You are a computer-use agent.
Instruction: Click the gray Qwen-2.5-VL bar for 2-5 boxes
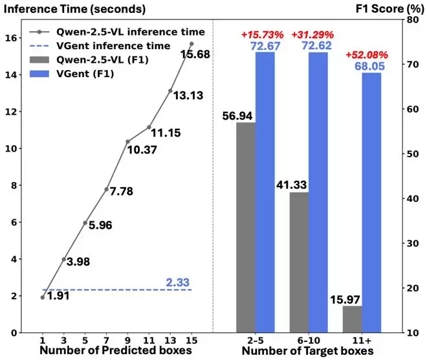coord(246,227)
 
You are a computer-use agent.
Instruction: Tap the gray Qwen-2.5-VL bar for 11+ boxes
coord(352,319)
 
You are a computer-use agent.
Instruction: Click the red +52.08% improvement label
coord(367,54)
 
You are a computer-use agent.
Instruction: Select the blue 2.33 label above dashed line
coord(178,282)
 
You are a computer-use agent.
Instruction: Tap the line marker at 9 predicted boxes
coord(127,141)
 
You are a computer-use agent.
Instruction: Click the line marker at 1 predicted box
coord(43,298)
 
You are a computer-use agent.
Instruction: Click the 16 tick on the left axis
coord(12,38)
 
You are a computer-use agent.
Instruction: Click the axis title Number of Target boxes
coord(308,351)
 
